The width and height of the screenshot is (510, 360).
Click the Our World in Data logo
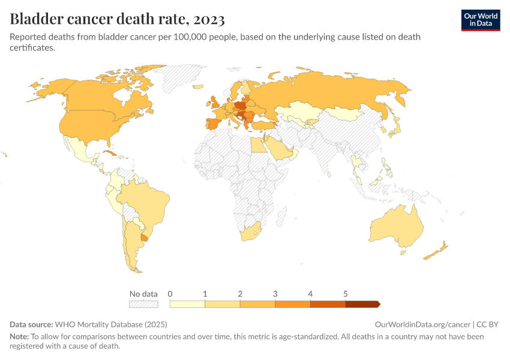(480, 20)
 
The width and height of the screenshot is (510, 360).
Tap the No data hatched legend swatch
(144, 304)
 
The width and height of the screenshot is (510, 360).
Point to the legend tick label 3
(275, 294)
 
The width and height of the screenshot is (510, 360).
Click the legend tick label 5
(346, 294)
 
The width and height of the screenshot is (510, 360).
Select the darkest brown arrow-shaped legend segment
(362, 304)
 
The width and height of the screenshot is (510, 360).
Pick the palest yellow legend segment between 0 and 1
(187, 304)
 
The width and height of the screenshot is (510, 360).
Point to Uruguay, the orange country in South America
(144, 238)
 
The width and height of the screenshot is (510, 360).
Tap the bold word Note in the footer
(19, 337)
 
